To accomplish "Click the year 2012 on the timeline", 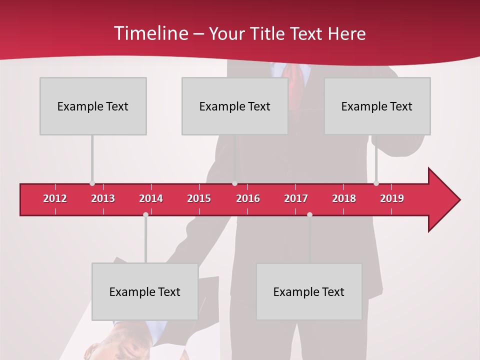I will tap(55, 198).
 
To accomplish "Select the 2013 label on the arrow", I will tap(103, 198).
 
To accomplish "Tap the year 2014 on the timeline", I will tap(151, 198).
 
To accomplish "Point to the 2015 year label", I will tap(199, 198).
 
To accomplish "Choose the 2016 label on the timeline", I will tap(248, 198).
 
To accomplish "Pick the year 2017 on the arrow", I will tap(296, 198).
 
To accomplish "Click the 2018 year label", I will tap(344, 198).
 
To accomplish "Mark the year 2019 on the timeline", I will tap(392, 198).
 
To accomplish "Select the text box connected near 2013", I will tap(93, 106).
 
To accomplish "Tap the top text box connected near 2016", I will tap(235, 106).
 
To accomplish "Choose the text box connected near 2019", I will tap(377, 106).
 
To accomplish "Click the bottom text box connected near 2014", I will tap(145, 291).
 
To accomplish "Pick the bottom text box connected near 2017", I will tap(309, 291).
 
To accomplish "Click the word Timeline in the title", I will tap(150, 33).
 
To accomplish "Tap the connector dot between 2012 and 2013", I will tap(92, 183).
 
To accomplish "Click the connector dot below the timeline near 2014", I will tap(145, 214).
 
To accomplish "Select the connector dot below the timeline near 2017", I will tap(309, 214).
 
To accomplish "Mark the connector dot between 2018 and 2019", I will tap(376, 183).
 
